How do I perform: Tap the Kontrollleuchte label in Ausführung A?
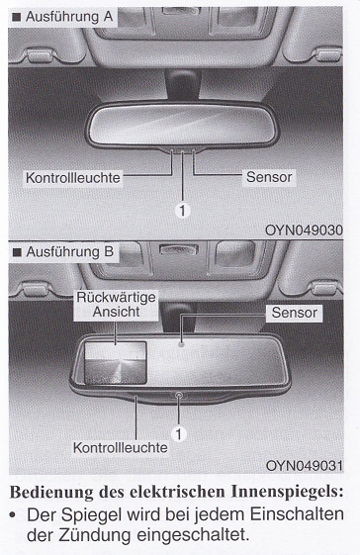pos(73,178)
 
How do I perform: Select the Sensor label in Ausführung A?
pos(269,177)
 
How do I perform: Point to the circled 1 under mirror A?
pos(182,211)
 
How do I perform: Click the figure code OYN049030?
pos(304,231)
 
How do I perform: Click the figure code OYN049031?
pos(304,465)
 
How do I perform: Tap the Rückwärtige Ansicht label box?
pos(116,305)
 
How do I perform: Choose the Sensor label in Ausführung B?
pos(294,313)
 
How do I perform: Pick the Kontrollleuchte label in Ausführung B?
pos(121,448)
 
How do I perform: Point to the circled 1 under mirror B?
pos(178,434)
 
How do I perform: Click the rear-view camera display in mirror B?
pos(116,362)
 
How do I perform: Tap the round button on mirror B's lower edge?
pos(178,395)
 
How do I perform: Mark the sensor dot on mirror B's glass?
pos(181,343)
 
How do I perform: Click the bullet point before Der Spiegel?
pos(14,514)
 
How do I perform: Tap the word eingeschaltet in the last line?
pos(193,535)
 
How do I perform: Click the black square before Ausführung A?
pos(16,17)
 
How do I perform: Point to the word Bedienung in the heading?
pos(51,493)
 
